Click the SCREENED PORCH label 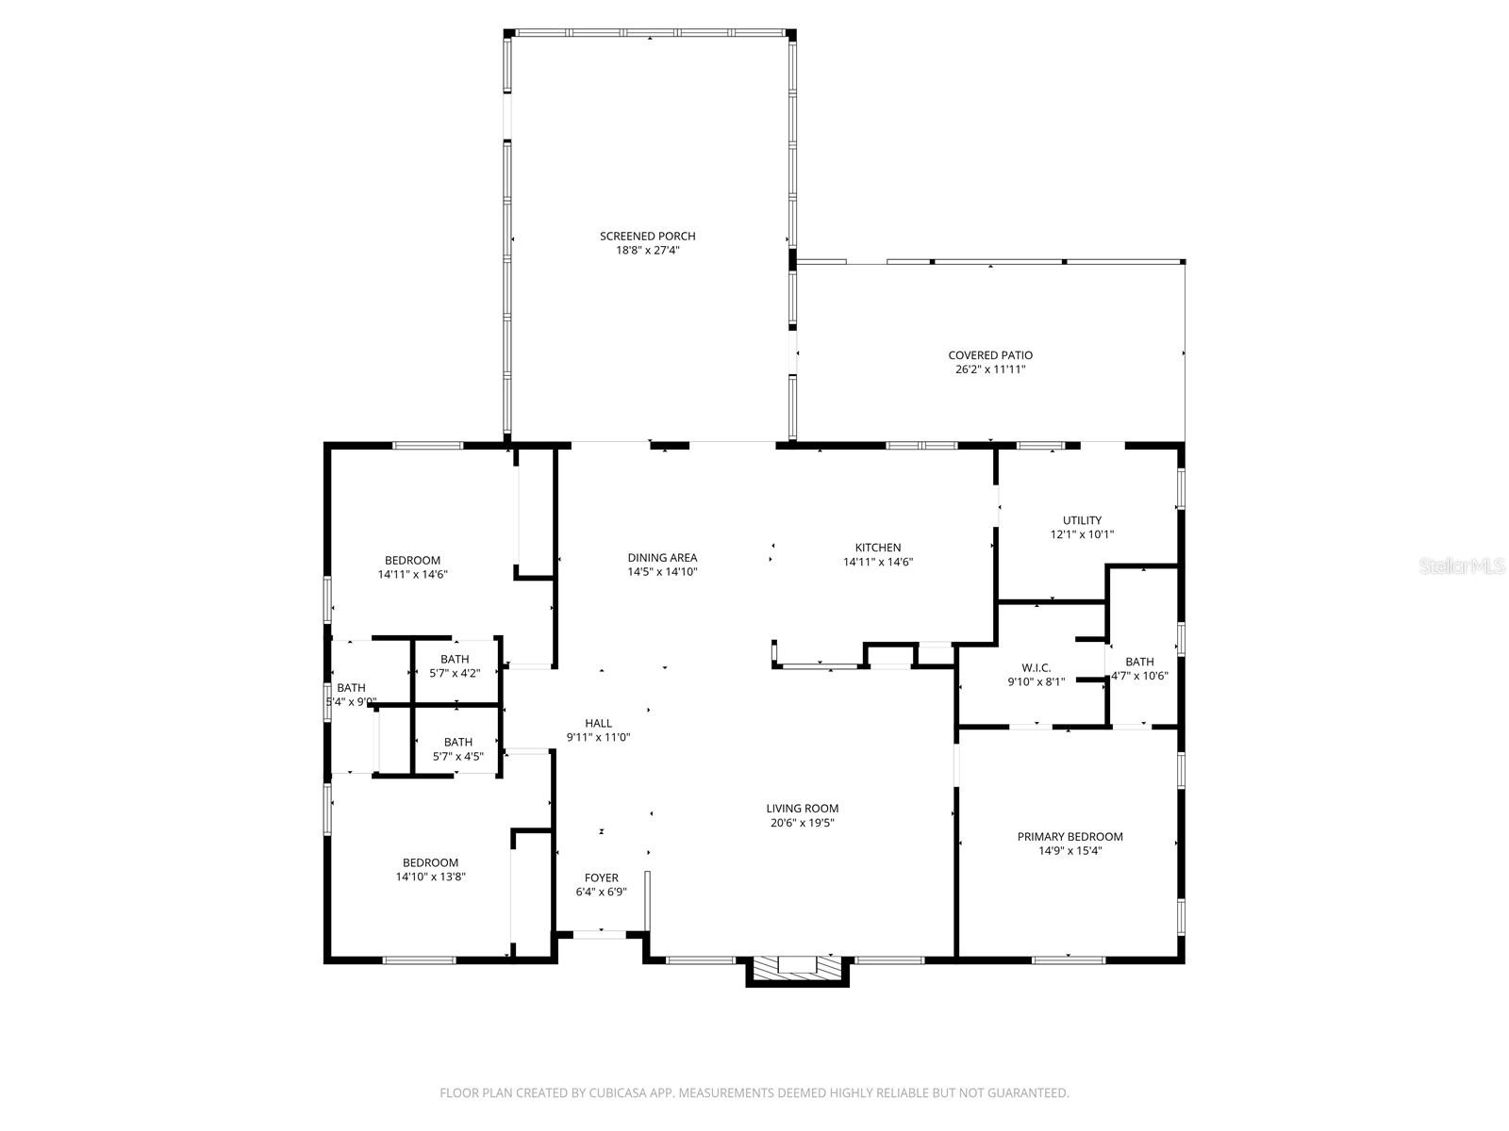[x=647, y=236]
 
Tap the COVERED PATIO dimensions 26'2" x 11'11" [x=989, y=370]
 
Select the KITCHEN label [x=877, y=548]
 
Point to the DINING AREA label [x=662, y=557]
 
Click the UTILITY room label [x=1082, y=520]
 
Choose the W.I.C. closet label [x=1036, y=667]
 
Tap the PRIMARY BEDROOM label [x=1070, y=836]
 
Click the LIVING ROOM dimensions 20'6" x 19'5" [x=802, y=823]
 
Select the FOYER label [x=601, y=877]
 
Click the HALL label [x=598, y=723]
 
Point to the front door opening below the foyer [x=600, y=934]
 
